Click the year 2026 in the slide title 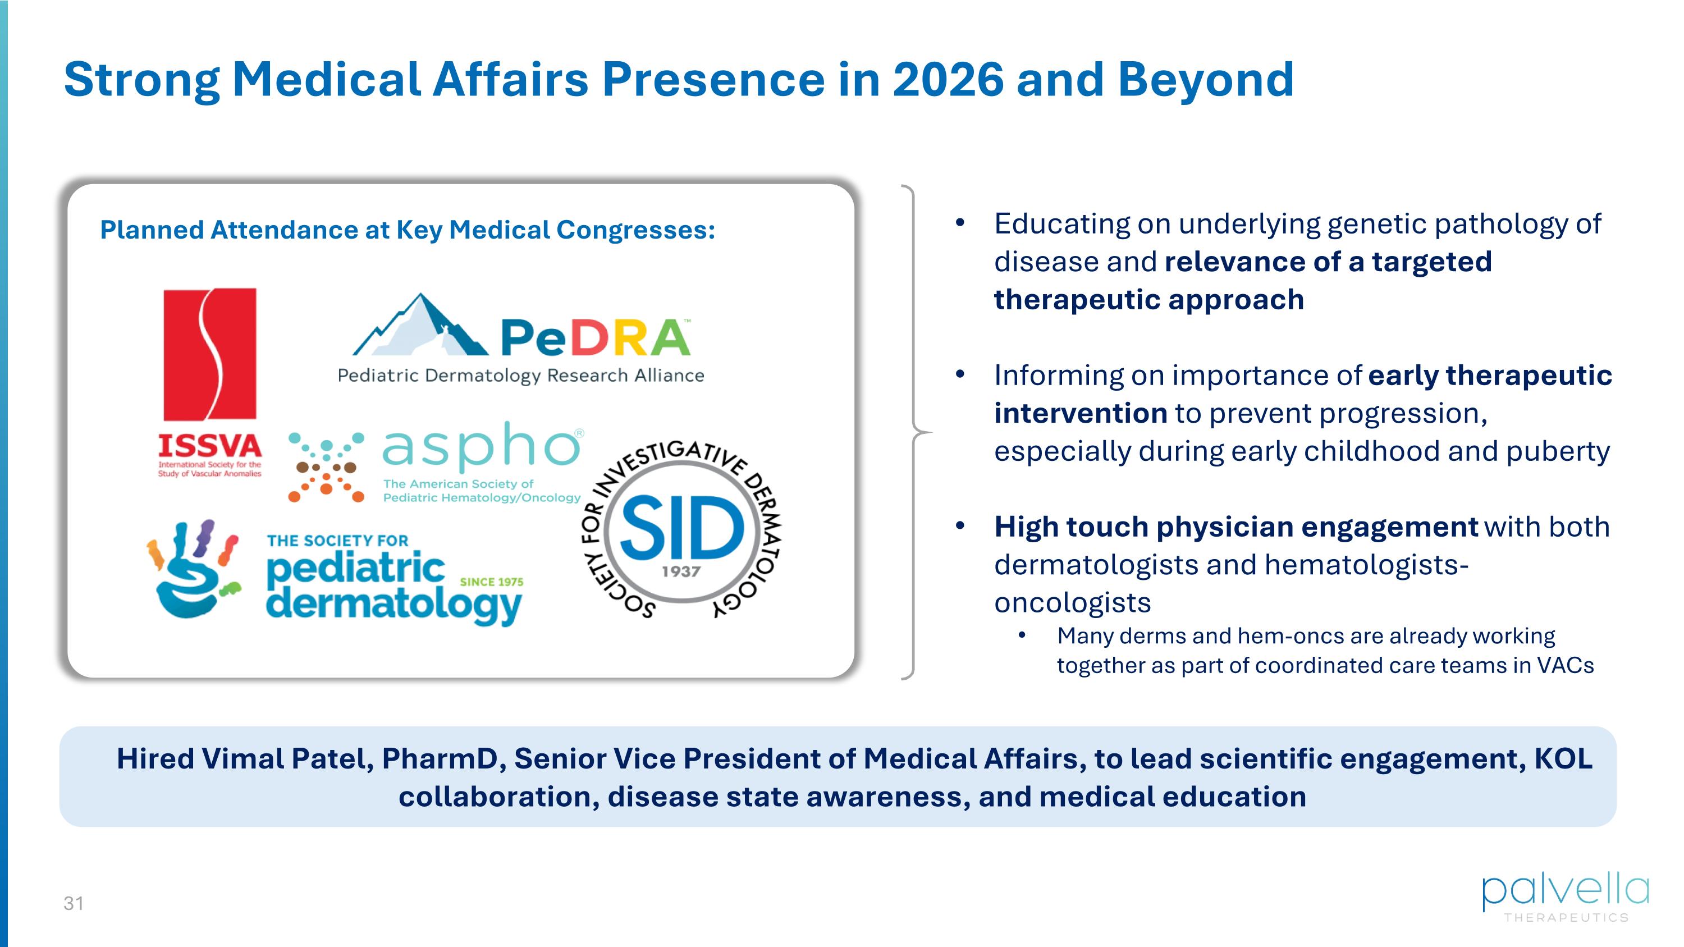click(x=948, y=80)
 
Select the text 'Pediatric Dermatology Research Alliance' click(x=520, y=376)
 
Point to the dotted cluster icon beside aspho click(x=326, y=466)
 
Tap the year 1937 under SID click(x=681, y=572)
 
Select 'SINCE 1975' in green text click(x=492, y=582)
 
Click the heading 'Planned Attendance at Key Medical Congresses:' click(x=408, y=230)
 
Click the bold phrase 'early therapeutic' click(x=1490, y=375)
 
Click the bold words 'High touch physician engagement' click(x=1235, y=527)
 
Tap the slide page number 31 click(x=73, y=904)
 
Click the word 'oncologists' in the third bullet click(x=1072, y=602)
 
